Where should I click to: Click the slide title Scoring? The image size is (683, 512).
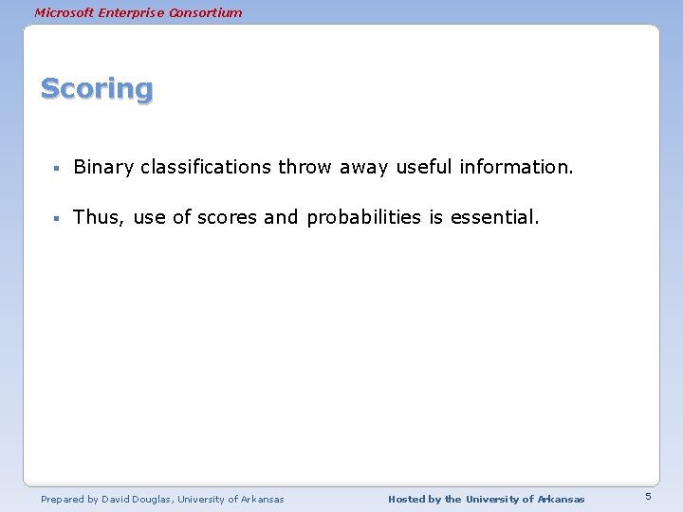pos(96,89)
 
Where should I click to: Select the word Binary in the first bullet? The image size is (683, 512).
pos(103,168)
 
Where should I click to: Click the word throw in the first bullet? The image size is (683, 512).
pos(305,168)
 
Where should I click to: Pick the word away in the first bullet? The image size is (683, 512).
pos(364,168)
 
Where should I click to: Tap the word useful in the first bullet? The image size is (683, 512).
pos(424,168)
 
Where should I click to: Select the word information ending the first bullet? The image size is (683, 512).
pos(516,168)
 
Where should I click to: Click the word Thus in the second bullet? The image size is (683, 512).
pos(98,217)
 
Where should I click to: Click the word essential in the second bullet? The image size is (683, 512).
pos(494,217)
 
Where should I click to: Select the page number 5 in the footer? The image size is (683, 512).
pos(648,497)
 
